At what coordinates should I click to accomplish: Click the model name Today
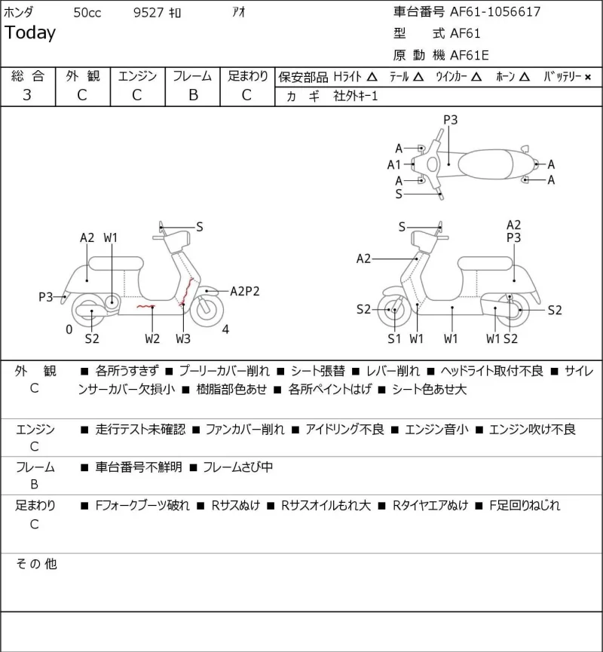click(x=30, y=32)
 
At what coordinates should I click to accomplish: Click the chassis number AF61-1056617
click(x=495, y=11)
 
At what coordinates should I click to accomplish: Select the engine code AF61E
click(x=470, y=55)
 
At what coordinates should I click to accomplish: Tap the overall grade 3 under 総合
click(x=27, y=95)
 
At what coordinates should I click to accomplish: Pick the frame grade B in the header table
click(x=193, y=95)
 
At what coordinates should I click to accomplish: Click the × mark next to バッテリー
click(x=588, y=77)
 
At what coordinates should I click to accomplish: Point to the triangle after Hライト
click(x=372, y=77)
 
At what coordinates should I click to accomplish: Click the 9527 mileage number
click(x=148, y=13)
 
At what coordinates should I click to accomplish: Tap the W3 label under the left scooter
click(x=183, y=338)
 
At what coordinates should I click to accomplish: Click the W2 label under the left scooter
click(x=152, y=338)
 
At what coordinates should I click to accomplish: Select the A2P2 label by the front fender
click(x=244, y=291)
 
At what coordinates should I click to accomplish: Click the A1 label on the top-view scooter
click(x=393, y=164)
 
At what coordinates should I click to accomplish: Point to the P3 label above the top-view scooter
click(x=450, y=120)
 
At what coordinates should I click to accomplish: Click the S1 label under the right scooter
click(x=393, y=338)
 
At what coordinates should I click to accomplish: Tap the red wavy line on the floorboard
click(x=146, y=307)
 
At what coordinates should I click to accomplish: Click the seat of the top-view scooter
click(x=485, y=164)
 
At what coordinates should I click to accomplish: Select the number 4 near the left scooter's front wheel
click(x=225, y=329)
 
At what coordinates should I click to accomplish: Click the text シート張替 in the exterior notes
click(x=318, y=371)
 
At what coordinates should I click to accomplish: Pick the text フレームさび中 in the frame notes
click(x=238, y=467)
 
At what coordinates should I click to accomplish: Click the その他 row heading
click(x=36, y=564)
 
